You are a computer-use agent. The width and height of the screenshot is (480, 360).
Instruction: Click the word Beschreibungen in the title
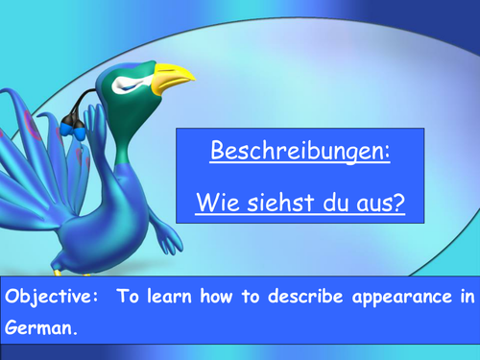300,151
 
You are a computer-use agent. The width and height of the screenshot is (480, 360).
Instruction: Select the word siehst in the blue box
275,204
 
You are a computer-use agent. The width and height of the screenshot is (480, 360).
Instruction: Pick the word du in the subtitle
330,204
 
